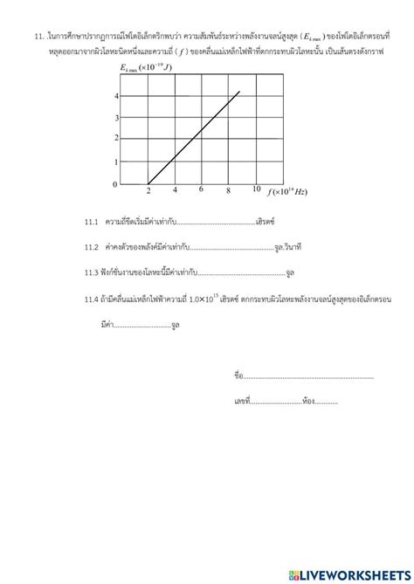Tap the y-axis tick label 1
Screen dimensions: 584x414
(115, 162)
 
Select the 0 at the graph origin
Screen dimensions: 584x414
(114, 185)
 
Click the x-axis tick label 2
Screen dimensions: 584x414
(148, 191)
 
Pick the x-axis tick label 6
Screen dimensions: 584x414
(202, 190)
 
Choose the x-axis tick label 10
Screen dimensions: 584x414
(255, 189)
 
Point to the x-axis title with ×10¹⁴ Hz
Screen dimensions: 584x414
(288, 191)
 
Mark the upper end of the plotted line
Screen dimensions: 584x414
(239, 91)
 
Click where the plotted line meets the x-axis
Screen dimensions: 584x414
(149, 184)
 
